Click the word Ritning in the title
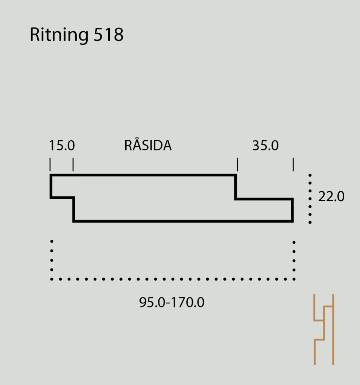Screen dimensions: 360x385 (59, 35)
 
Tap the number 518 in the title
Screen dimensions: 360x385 (109, 34)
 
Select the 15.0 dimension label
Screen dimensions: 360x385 (62, 146)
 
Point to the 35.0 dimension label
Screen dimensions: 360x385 (266, 146)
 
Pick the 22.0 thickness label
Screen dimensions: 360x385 (331, 196)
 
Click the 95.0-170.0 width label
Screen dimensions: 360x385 (172, 302)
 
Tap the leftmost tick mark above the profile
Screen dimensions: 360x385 (50, 165)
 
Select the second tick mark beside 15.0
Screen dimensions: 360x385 (73, 165)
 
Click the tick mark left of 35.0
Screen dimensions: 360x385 (237, 165)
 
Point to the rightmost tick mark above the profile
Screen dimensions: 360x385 (293, 165)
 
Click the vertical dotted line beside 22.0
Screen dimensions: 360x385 (310, 199)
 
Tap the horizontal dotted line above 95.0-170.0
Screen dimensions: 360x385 (173, 279)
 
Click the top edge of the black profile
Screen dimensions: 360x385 (143, 175)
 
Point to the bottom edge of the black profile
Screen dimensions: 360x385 (183, 221)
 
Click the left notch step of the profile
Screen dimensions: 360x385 (62, 197)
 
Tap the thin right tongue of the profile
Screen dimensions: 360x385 (264, 210)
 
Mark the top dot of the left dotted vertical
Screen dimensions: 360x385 (52, 241)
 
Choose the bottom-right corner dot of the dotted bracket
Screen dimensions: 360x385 (294, 279)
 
